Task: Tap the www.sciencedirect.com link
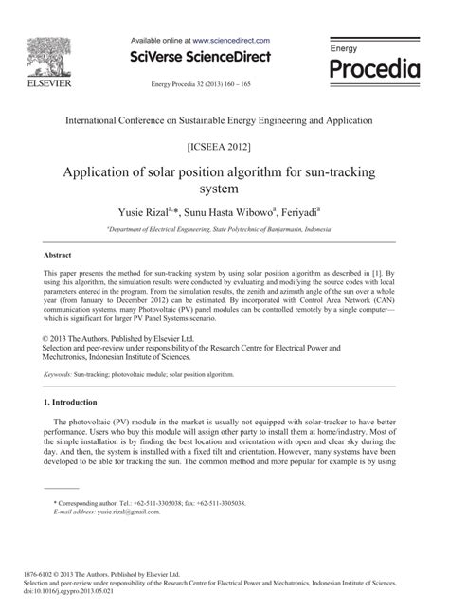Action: tap(231, 41)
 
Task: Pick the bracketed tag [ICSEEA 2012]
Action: tap(224, 150)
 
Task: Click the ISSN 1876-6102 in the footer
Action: tap(34, 575)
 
